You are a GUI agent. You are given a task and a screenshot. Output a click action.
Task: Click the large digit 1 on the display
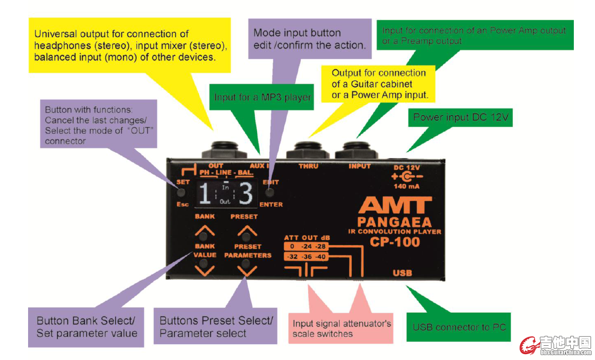pyautogui.click(x=206, y=195)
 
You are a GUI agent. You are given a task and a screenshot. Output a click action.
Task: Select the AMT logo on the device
pyautogui.click(x=395, y=206)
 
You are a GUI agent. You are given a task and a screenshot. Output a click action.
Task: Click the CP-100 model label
pyautogui.click(x=395, y=242)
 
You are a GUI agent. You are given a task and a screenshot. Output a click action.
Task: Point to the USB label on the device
pyautogui.click(x=402, y=273)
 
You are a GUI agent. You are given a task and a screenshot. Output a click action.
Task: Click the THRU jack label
pyautogui.click(x=308, y=166)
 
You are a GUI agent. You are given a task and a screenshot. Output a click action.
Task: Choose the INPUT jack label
pyautogui.click(x=360, y=166)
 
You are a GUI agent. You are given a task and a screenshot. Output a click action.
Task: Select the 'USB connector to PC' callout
pyautogui.click(x=459, y=327)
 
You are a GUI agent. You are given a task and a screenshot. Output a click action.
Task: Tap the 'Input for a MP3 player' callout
pyautogui.click(x=262, y=98)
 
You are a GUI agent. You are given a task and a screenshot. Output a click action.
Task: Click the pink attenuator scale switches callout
pyautogui.click(x=341, y=328)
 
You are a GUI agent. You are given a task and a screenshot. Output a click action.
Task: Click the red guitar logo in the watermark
pyautogui.click(x=529, y=345)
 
